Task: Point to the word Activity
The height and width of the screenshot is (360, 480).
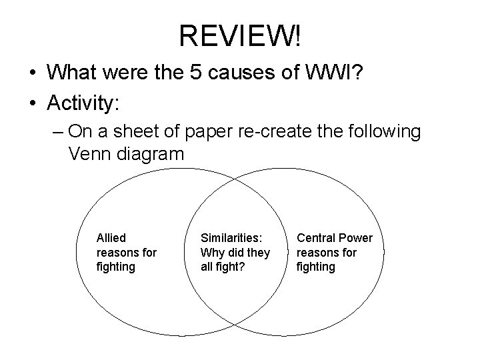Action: (82, 103)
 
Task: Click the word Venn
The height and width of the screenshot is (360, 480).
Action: (90, 154)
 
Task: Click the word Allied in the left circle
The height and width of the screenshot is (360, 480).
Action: (111, 238)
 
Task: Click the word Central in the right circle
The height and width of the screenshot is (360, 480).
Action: (317, 238)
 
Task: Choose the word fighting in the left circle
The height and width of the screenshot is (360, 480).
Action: (116, 267)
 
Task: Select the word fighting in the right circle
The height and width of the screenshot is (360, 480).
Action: (316, 267)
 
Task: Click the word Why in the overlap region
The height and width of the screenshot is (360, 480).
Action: (212, 253)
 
